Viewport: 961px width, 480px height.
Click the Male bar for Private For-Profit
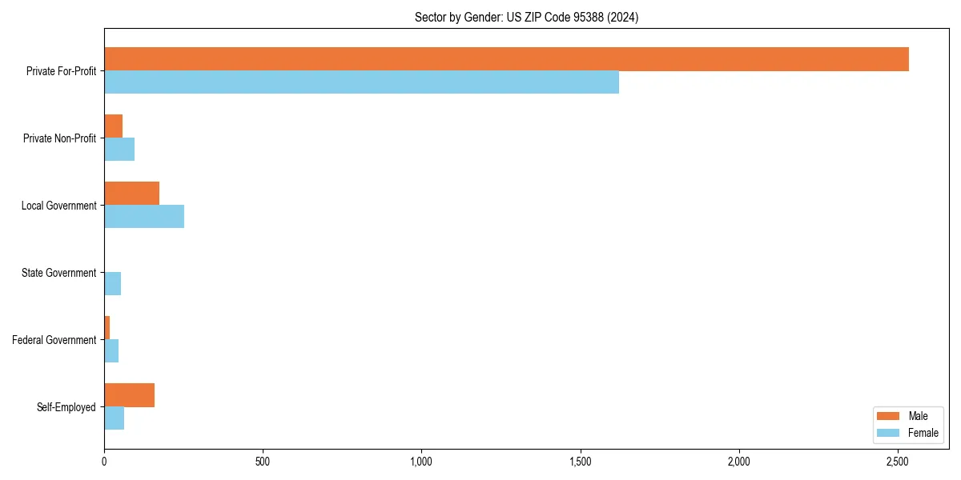pyautogui.click(x=506, y=59)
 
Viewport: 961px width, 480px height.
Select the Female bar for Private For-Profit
pyautogui.click(x=361, y=82)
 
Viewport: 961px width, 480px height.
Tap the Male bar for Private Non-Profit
pyautogui.click(x=113, y=126)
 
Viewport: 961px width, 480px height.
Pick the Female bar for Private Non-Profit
pyautogui.click(x=119, y=150)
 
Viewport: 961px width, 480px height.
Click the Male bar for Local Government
pyautogui.click(x=131, y=194)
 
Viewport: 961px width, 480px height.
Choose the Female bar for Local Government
pyautogui.click(x=144, y=217)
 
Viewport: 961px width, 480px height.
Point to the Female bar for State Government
pyautogui.click(x=112, y=284)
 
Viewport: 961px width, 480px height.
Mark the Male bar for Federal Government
pyautogui.click(x=107, y=328)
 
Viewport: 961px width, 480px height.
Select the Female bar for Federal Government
pyautogui.click(x=111, y=351)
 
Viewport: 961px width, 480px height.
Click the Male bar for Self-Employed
pyautogui.click(x=129, y=395)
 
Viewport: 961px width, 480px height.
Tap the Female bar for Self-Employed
pyautogui.click(x=114, y=418)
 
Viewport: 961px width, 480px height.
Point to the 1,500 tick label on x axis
pyautogui.click(x=581, y=462)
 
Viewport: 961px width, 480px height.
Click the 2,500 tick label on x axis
pyautogui.click(x=898, y=462)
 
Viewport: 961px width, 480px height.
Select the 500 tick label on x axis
pyautogui.click(x=263, y=462)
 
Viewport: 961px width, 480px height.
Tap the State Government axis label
pyautogui.click(x=58, y=273)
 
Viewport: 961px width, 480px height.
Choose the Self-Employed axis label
pyautogui.click(x=66, y=407)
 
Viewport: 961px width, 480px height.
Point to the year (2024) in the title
pyautogui.click(x=622, y=17)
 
